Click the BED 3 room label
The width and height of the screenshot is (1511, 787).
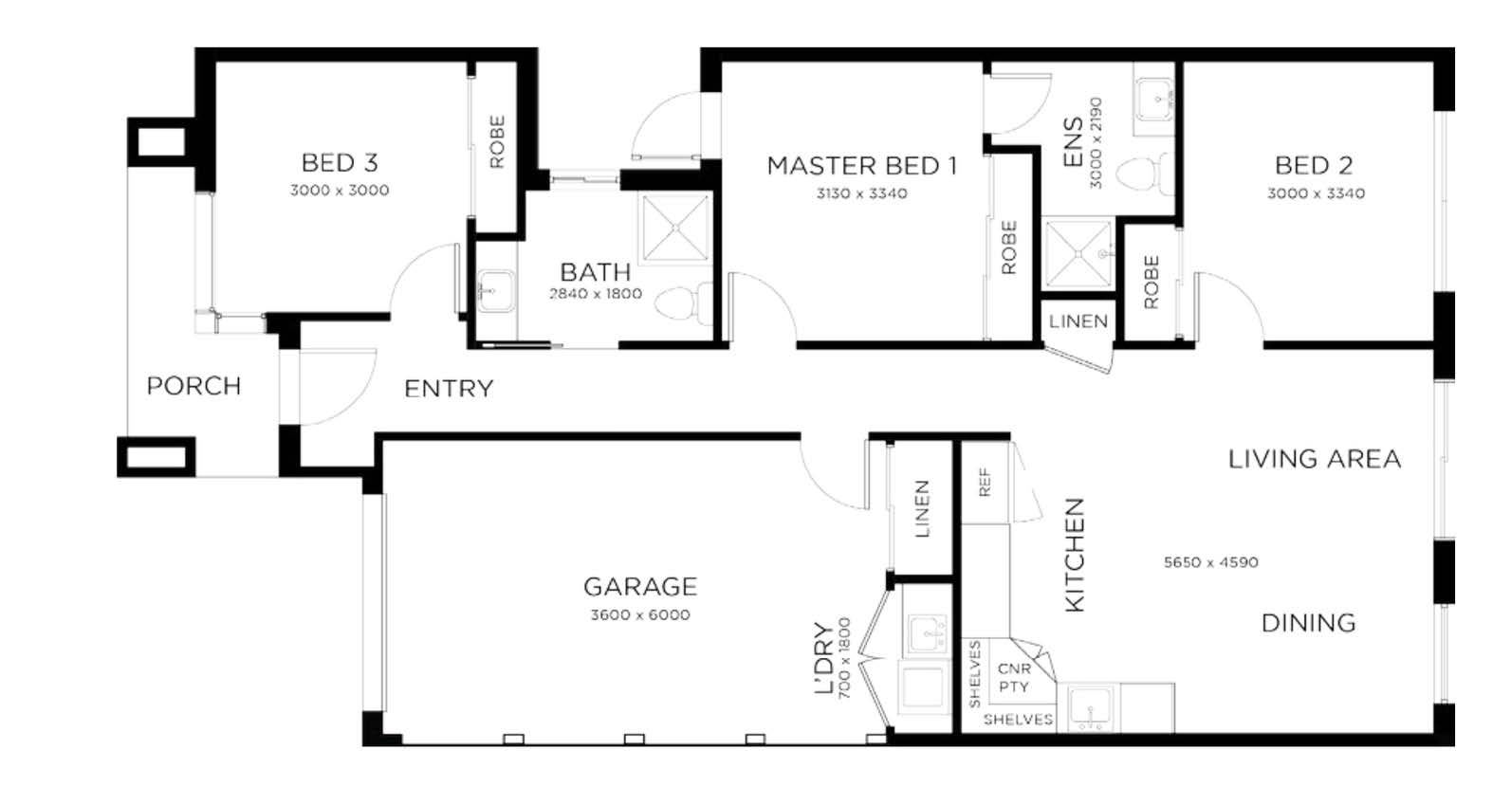(x=339, y=163)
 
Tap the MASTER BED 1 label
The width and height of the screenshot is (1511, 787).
(x=862, y=166)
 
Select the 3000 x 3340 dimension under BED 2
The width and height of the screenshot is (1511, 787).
(x=1316, y=193)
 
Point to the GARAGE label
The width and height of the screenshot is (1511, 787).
(x=640, y=587)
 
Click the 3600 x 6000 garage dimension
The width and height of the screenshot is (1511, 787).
(x=640, y=615)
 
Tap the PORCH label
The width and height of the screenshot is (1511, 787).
(x=193, y=387)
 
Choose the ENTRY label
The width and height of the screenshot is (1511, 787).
(x=449, y=389)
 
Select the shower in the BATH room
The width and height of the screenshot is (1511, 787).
(x=675, y=228)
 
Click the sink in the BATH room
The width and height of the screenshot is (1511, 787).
(x=496, y=291)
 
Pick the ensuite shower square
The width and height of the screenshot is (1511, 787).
(x=1078, y=253)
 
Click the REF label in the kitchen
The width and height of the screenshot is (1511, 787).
(x=985, y=483)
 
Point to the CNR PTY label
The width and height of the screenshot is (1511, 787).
(x=1014, y=678)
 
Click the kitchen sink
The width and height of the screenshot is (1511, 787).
(x=1090, y=708)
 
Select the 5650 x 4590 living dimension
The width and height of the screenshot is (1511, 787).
(x=1211, y=562)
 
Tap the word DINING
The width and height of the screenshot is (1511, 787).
(x=1308, y=623)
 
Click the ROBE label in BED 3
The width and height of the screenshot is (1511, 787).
(x=497, y=141)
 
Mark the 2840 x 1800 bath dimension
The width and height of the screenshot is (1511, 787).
(x=596, y=294)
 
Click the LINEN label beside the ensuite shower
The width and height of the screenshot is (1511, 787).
(x=1078, y=321)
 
